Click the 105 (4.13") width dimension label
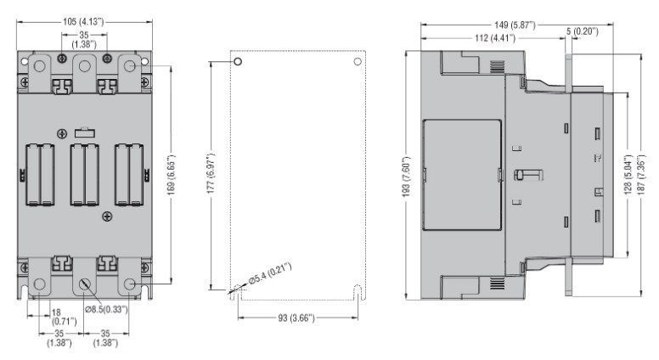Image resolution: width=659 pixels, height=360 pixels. [x=83, y=21]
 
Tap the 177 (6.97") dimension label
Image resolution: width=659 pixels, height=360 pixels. [x=211, y=172]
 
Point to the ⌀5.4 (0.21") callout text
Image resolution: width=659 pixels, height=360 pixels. [x=270, y=274]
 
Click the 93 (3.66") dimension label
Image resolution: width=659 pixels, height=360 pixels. [x=296, y=318]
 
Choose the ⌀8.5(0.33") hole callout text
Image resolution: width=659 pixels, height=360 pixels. [x=106, y=310]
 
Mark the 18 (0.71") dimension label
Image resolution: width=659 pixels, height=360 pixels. [x=64, y=317]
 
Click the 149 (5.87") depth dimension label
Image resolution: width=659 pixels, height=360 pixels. [x=515, y=25]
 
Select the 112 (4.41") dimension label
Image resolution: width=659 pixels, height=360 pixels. [x=494, y=38]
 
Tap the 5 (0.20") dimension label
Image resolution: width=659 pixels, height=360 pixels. [x=582, y=31]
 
